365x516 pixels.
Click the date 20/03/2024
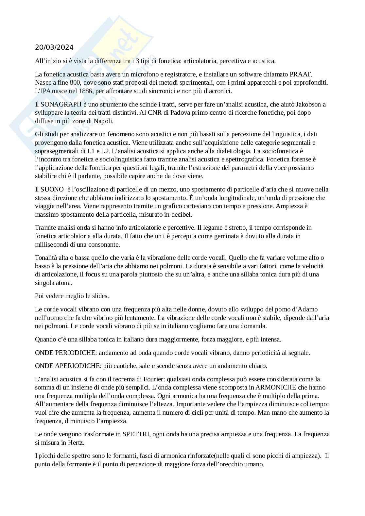[x=54, y=48]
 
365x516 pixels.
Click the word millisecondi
[x=50, y=244]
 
